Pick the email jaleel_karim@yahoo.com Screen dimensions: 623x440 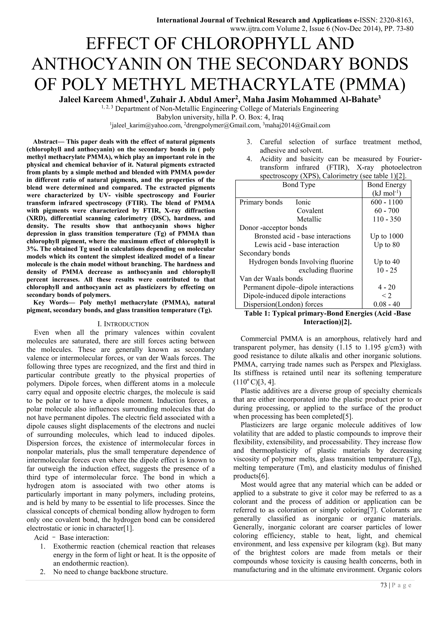pyautogui.click(x=146, y=125)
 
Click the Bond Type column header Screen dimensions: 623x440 pyautogui.click(x=299, y=185)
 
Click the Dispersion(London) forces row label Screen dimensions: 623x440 pyautogui.click(x=283, y=304)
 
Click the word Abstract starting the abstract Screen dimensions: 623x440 pyautogui.click(x=45, y=142)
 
